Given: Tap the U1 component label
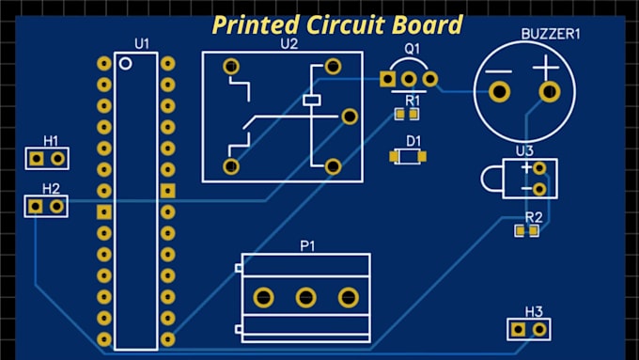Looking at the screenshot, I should click(142, 43).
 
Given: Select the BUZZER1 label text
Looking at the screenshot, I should click(551, 34).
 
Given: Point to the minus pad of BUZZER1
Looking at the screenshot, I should click(499, 92).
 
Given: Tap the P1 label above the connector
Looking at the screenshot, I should click(307, 245).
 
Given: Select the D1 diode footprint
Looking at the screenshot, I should click(408, 157).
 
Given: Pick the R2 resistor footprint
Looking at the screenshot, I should click(526, 230).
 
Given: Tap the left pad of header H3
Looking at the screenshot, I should click(519, 329).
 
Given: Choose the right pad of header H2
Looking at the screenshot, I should click(57, 205).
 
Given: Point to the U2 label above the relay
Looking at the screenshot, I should click(288, 43).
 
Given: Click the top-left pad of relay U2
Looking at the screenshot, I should click(230, 67).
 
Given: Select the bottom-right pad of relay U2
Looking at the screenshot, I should click(332, 165).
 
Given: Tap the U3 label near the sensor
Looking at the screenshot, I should click(524, 150).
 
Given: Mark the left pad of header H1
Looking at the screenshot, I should click(37, 158).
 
